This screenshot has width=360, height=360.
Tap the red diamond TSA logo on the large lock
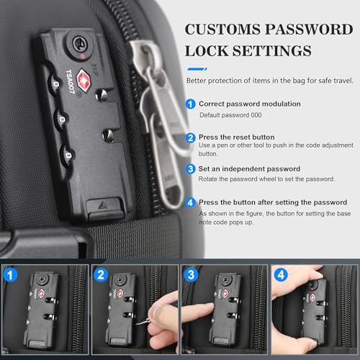tap(84, 81)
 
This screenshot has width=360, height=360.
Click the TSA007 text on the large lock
tap(71, 81)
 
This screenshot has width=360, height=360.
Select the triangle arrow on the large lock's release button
tap(104, 205)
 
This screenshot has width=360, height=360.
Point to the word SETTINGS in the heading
tap(271, 51)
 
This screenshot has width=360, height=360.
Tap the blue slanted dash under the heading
tap(197, 69)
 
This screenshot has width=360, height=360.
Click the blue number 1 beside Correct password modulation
tap(191, 104)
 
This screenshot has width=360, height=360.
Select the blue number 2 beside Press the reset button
tap(191, 138)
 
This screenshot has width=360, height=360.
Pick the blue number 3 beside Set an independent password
tap(191, 169)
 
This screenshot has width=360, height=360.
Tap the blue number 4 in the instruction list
tap(191, 202)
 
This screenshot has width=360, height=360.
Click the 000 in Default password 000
tap(256, 115)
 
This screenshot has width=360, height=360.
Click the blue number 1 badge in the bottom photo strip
tap(10, 275)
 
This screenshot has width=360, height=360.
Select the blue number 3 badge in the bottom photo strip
tap(191, 275)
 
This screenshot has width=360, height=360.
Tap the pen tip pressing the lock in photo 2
tap(138, 324)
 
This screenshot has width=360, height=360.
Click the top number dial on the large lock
tap(55, 84)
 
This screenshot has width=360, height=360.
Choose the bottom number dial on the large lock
tap(67, 156)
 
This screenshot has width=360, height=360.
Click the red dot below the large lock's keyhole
tap(82, 56)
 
